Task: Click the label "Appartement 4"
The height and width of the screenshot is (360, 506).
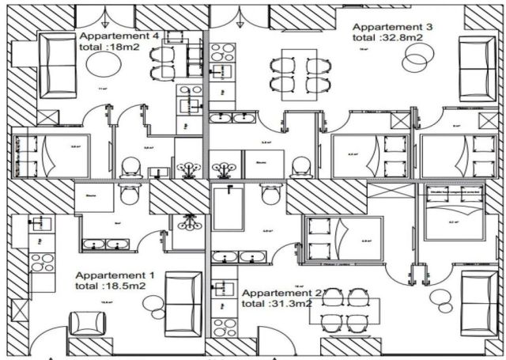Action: pos(120,36)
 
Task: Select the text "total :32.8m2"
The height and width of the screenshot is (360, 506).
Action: pos(388,36)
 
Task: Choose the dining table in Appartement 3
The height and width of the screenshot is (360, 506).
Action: pos(294,73)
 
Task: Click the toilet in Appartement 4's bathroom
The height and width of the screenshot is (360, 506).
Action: pos(131,165)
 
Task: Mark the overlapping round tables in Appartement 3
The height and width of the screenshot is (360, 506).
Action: pos(417,58)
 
